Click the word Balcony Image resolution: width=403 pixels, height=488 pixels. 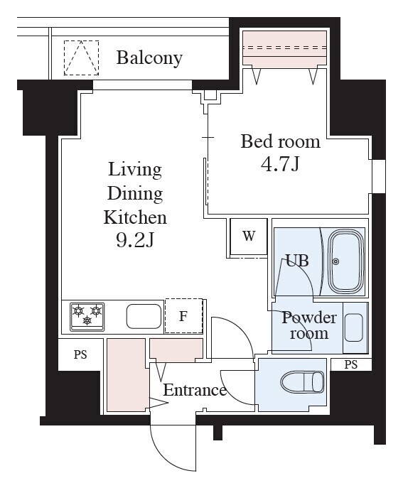tap(149, 58)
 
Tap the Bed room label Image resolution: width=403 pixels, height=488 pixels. tap(280, 141)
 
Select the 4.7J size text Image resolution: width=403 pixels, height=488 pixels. tap(280, 164)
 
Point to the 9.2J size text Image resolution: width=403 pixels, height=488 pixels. tap(135, 240)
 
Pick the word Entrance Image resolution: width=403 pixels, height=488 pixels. tap(195, 390)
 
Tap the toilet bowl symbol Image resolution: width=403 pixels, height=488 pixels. tap(302, 381)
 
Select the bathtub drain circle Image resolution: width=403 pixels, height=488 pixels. tap(335, 261)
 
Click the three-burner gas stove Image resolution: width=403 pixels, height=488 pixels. tap(87, 317)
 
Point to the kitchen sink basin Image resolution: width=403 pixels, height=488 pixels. tap(144, 316)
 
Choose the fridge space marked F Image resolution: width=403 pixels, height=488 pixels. tap(183, 316)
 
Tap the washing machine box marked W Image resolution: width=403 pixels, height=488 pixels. tap(249, 237)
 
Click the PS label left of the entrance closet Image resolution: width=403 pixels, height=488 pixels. tap(80, 354)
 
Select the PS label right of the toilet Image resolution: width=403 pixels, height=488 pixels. tap(350, 364)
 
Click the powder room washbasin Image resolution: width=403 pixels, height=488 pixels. tap(354, 327)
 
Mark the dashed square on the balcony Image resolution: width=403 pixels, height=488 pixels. tap(81, 58)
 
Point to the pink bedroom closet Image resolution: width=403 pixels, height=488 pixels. tap(284, 48)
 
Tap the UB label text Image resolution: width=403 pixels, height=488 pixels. tap(297, 261)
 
